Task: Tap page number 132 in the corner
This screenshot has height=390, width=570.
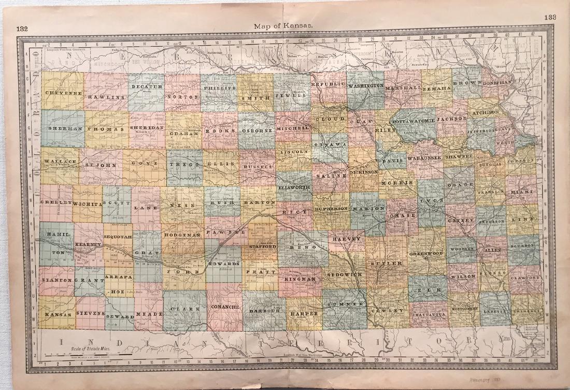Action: click(x=22, y=29)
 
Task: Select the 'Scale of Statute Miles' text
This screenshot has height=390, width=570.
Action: click(x=85, y=349)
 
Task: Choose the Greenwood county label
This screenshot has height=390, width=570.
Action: click(x=426, y=254)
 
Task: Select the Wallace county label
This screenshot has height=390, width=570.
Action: click(x=59, y=162)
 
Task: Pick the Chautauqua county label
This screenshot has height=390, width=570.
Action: click(x=429, y=314)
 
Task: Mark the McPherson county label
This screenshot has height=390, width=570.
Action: click(x=331, y=209)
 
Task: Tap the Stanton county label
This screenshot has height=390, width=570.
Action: click(x=56, y=280)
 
